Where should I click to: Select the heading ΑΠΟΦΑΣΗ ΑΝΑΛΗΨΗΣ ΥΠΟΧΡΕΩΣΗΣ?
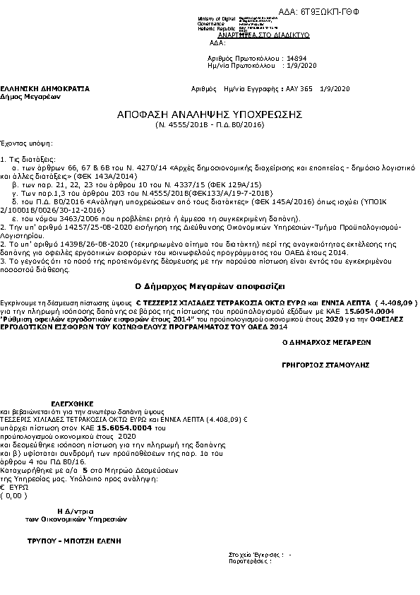[210, 114]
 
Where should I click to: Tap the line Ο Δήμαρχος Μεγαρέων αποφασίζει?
[210, 286]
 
